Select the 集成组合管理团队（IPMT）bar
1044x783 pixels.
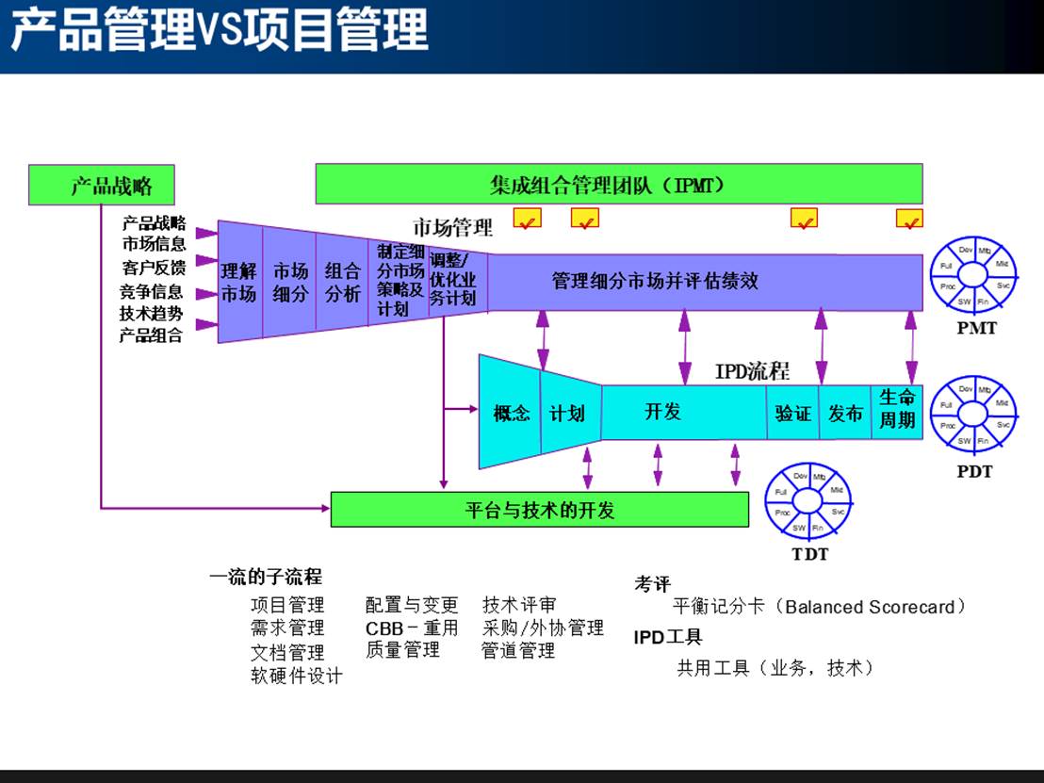tap(618, 184)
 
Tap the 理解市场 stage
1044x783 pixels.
tap(239, 282)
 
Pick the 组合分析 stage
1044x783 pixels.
tap(342, 282)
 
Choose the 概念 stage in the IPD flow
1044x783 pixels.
tap(511, 413)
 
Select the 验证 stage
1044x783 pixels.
tap(792, 413)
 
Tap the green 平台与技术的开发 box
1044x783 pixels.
tap(539, 510)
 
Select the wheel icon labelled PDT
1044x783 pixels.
tap(974, 416)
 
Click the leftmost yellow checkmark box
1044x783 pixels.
tap(527, 220)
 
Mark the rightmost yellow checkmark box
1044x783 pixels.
tap(909, 220)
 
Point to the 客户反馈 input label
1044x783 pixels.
tap(154, 268)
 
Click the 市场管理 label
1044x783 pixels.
tap(452, 228)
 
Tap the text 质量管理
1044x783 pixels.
tap(402, 649)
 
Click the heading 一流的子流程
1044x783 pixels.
tap(265, 577)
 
